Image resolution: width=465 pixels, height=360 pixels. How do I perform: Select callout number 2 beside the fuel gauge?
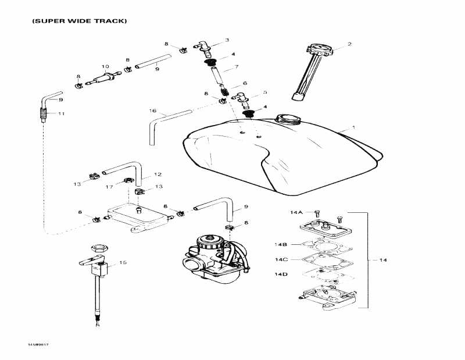(x=349, y=44)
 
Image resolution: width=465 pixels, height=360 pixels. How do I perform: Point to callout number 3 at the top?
(x=227, y=40)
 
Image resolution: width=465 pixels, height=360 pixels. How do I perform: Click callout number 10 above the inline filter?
(x=105, y=66)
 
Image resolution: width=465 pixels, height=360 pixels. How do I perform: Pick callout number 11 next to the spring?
(x=61, y=113)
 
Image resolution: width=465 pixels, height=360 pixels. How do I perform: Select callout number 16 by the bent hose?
(x=153, y=111)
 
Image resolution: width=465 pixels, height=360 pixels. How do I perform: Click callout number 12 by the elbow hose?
(x=158, y=174)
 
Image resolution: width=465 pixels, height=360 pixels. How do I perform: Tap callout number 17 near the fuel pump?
(x=110, y=187)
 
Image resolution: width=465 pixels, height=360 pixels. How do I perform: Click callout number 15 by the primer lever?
(x=123, y=263)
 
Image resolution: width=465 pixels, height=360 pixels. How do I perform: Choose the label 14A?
(x=297, y=213)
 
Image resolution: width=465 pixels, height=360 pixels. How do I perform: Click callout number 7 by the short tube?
(x=237, y=68)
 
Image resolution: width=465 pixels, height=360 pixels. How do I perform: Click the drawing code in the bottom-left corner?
(x=38, y=345)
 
